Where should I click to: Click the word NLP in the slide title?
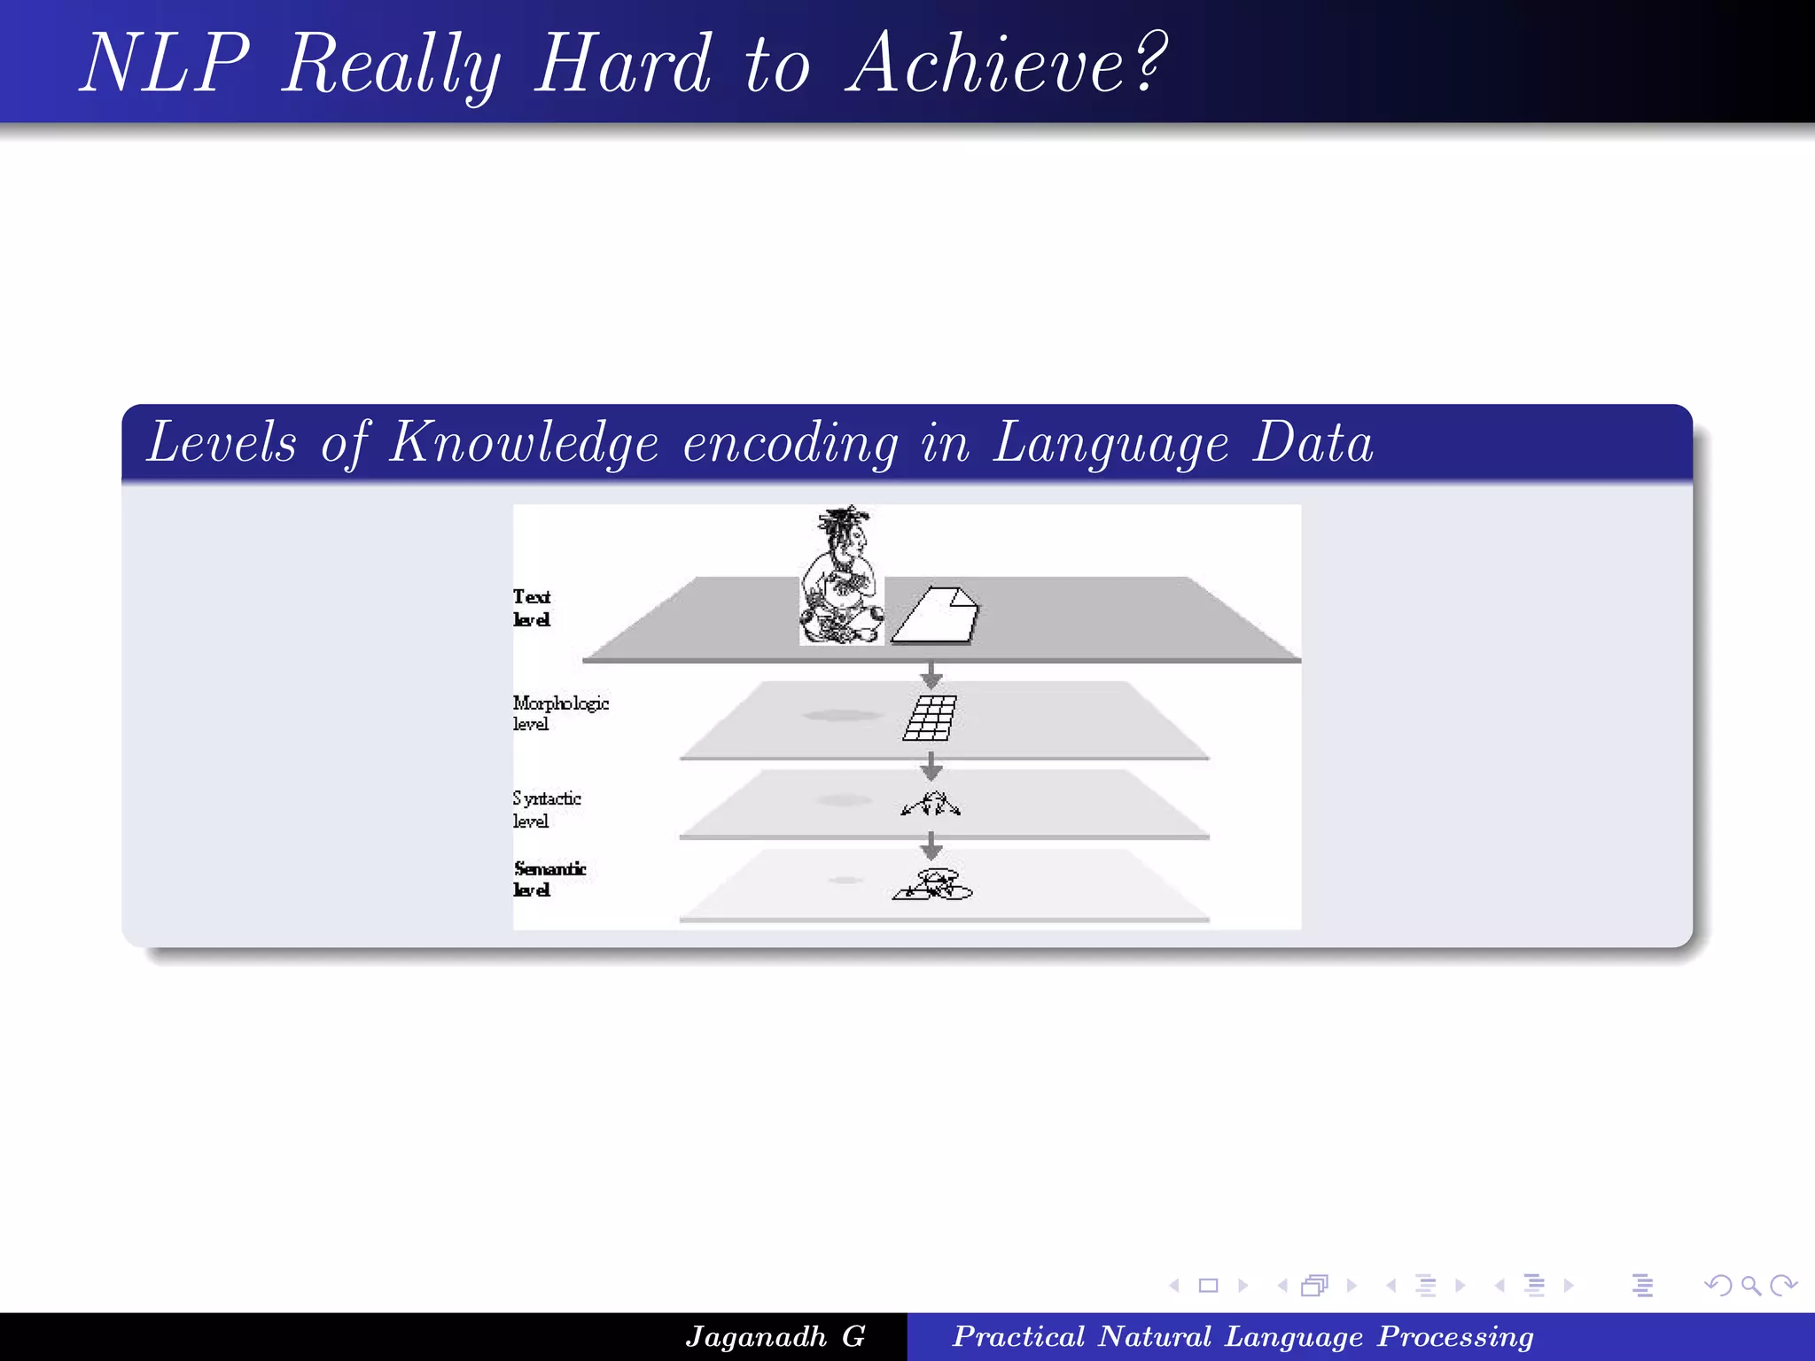point(166,64)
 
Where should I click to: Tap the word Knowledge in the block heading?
point(524,443)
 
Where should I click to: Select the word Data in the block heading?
point(1313,443)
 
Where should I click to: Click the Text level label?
point(532,608)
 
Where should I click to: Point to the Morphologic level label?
point(559,712)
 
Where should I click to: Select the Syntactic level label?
point(546,809)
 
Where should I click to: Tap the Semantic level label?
point(549,878)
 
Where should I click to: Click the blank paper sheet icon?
point(935,615)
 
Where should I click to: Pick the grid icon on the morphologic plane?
point(930,718)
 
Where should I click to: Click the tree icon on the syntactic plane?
point(931,804)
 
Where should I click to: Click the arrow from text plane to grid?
point(931,675)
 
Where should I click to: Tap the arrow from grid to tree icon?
point(931,766)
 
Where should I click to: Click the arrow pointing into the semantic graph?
point(931,845)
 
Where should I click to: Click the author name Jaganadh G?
point(775,1336)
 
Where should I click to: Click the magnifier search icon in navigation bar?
point(1750,1285)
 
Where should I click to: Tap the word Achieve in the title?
point(985,64)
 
